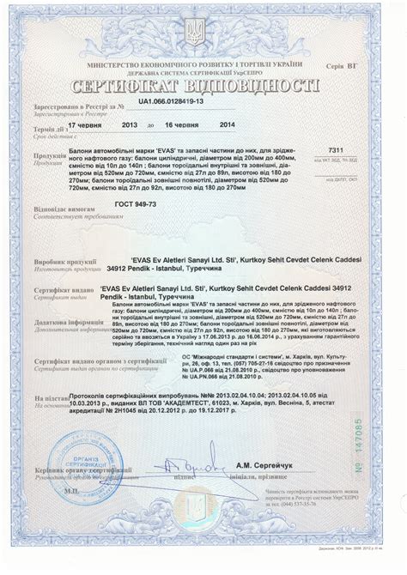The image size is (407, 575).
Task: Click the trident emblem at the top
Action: coord(203,34)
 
